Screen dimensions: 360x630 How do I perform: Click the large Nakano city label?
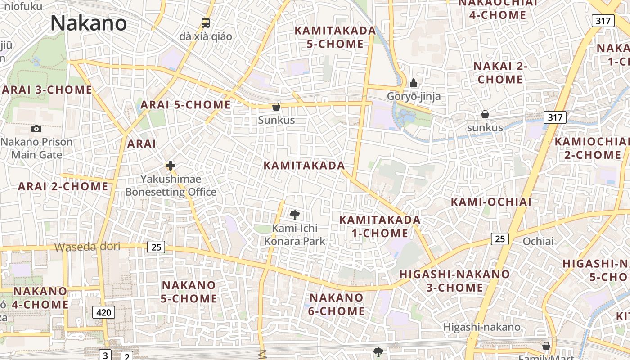click(88, 23)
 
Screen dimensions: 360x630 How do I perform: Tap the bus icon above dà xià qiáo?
click(206, 23)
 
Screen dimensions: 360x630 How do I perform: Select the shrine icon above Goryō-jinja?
click(414, 83)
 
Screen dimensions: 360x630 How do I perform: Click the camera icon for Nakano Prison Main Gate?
click(36, 129)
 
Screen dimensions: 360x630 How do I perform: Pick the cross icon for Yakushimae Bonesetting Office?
click(171, 166)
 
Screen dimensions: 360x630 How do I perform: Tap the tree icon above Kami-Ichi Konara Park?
click(295, 215)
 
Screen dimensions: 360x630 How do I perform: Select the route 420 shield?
click(103, 312)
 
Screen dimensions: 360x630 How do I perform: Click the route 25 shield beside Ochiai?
click(500, 239)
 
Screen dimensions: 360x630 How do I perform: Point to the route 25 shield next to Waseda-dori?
click(156, 247)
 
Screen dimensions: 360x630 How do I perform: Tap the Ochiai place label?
click(538, 241)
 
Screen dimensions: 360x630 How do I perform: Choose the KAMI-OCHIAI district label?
click(491, 202)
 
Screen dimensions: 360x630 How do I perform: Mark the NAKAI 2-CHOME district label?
click(500, 73)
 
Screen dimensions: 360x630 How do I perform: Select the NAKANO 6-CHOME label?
click(337, 304)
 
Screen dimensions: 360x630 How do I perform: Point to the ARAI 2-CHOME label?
click(63, 186)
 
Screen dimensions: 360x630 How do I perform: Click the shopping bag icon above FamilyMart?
click(546, 346)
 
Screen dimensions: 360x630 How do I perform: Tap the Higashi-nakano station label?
click(482, 327)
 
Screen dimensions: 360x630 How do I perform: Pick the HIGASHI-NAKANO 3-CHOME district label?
click(454, 281)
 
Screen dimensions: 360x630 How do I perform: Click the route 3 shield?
click(105, 355)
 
